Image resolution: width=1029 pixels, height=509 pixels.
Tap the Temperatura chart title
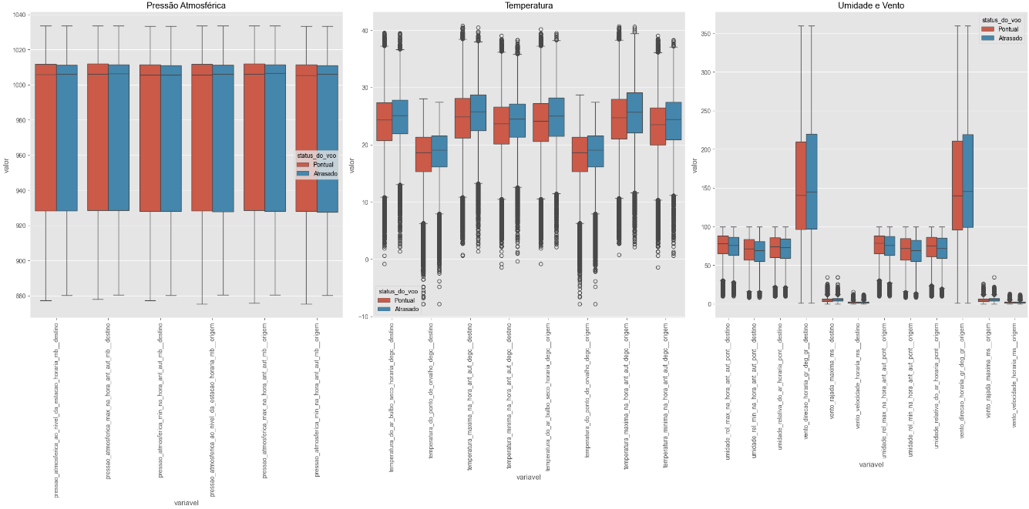pyautogui.click(x=528, y=5)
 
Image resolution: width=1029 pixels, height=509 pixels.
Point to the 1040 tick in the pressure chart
pyautogui.click(x=18, y=15)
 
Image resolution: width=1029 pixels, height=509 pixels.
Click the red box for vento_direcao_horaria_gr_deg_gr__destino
pyautogui.click(x=802, y=186)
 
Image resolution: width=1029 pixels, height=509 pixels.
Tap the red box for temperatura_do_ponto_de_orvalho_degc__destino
pyautogui.click(x=423, y=154)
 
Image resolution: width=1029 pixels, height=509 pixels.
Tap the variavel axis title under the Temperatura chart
pyautogui.click(x=527, y=479)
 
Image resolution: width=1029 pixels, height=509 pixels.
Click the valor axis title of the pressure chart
pyautogui.click(x=6, y=165)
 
